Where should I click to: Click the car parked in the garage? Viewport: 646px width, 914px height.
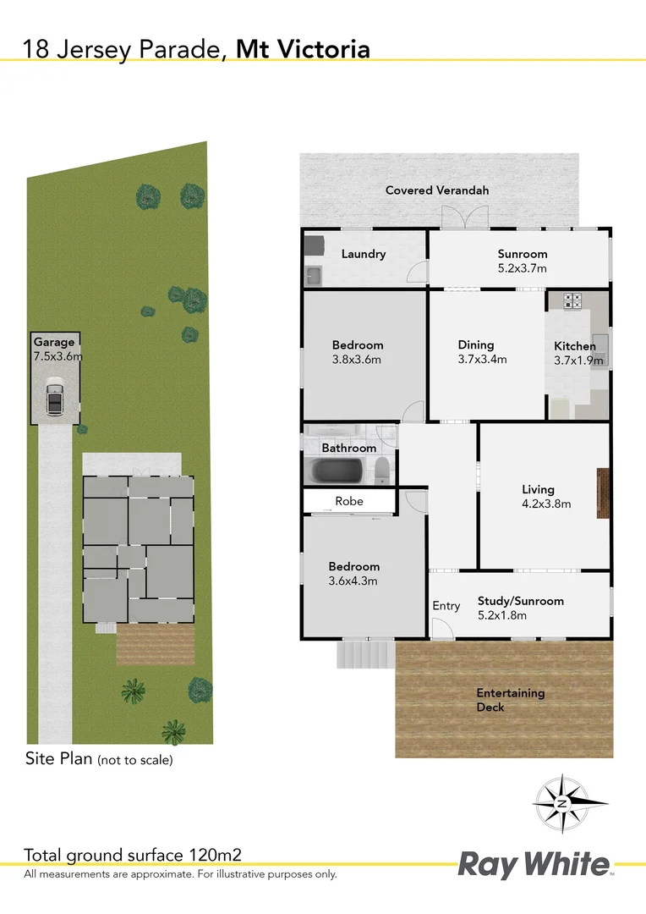(54, 399)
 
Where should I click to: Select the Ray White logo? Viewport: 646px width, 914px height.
(534, 865)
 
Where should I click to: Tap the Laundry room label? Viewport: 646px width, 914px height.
(364, 254)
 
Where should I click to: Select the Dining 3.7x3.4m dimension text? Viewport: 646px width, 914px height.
(482, 359)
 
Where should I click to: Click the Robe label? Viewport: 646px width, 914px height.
(349, 501)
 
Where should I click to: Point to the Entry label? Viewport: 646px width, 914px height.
(446, 606)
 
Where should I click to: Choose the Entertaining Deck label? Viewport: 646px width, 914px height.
(510, 700)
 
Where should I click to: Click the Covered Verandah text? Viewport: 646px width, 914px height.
(437, 190)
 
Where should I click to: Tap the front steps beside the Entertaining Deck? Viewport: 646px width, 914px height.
(365, 654)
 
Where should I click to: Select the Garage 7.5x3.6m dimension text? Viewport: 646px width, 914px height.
(57, 356)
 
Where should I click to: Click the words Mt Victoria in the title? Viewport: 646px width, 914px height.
(303, 49)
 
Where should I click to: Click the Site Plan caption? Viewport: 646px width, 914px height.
(98, 759)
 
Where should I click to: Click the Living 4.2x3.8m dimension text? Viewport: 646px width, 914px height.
(546, 504)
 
